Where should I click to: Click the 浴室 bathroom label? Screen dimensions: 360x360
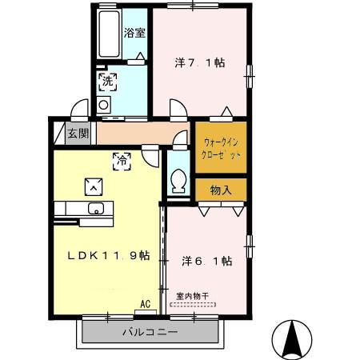(x=134, y=33)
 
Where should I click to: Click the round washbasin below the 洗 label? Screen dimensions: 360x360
(x=103, y=105)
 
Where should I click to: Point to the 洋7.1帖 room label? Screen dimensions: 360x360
(x=199, y=62)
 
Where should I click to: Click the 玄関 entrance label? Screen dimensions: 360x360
(x=78, y=134)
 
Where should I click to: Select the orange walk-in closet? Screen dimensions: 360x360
(x=219, y=148)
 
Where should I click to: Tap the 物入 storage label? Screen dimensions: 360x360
(x=221, y=190)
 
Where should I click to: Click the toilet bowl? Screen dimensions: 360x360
(x=178, y=182)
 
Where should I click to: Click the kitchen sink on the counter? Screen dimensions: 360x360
(x=97, y=210)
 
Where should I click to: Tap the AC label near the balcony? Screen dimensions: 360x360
(x=145, y=304)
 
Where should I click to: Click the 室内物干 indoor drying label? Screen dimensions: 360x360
(x=192, y=296)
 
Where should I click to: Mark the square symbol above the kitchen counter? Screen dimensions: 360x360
(x=94, y=186)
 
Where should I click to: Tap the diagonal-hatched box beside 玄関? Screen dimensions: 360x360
(x=58, y=133)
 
